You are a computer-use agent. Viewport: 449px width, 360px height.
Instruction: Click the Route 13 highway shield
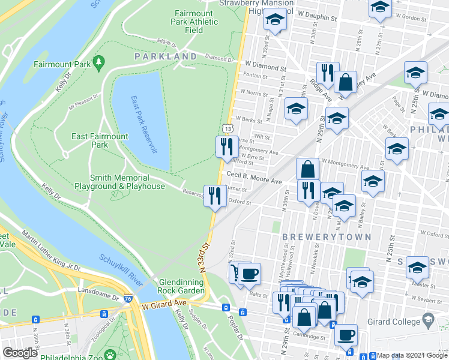pos(227,128)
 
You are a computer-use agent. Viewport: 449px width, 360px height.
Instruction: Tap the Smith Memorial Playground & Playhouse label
pos(127,182)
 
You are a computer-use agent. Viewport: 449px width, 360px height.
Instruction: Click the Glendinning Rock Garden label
pos(182,286)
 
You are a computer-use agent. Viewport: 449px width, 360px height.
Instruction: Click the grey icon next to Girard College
pos(427,322)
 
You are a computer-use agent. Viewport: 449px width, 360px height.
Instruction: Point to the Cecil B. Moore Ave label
pos(254,181)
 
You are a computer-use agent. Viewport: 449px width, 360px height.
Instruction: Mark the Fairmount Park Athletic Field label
pos(194,22)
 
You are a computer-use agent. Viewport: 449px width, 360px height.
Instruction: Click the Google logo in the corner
pos(20,352)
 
